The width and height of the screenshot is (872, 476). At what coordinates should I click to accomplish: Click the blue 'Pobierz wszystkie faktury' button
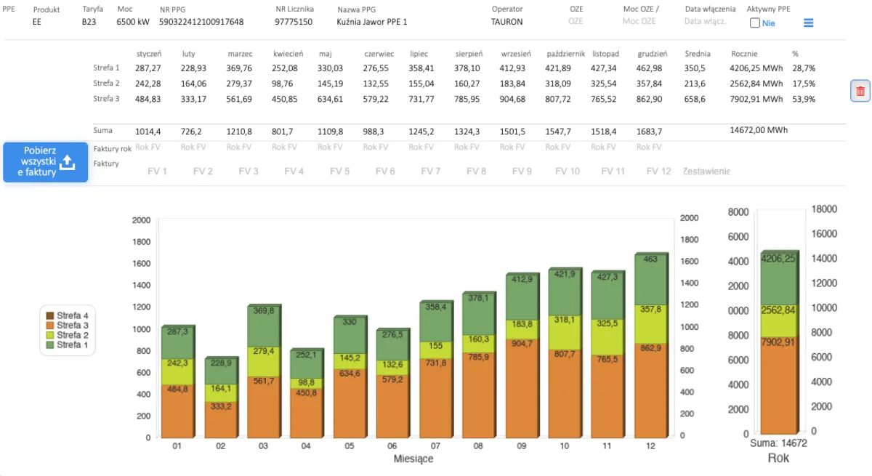pyautogui.click(x=46, y=162)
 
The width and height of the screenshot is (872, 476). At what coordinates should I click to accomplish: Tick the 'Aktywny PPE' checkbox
pyautogui.click(x=754, y=23)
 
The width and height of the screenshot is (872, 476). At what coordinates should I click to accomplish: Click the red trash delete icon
pyautogui.click(x=860, y=91)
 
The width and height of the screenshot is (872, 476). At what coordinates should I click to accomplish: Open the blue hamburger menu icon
pyautogui.click(x=808, y=23)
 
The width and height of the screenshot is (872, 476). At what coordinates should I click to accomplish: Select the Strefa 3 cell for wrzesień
pyautogui.click(x=512, y=100)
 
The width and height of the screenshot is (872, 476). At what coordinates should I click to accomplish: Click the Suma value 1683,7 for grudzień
pyautogui.click(x=649, y=132)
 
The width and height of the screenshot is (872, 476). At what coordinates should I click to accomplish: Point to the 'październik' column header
pyautogui.click(x=565, y=54)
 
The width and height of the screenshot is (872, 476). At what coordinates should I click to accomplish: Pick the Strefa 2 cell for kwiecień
pyautogui.click(x=284, y=84)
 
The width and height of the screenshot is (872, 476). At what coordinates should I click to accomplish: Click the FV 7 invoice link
pyautogui.click(x=430, y=172)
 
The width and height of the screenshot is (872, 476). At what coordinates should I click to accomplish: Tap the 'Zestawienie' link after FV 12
pyautogui.click(x=706, y=172)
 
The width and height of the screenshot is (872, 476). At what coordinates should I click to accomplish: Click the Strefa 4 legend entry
pyautogui.click(x=68, y=315)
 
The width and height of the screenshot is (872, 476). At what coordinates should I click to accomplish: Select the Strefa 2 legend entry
pyautogui.click(x=68, y=335)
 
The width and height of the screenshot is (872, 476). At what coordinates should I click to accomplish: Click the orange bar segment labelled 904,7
pyautogui.click(x=522, y=388)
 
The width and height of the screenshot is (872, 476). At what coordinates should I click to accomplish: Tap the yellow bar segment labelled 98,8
pyautogui.click(x=306, y=384)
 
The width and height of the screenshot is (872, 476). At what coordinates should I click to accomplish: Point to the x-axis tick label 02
pyautogui.click(x=220, y=446)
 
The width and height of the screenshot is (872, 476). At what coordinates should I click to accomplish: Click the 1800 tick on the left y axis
pyautogui.click(x=141, y=242)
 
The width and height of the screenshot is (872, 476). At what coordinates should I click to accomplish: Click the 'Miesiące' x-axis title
pyautogui.click(x=413, y=459)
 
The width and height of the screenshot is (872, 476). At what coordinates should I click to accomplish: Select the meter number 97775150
pyautogui.click(x=294, y=22)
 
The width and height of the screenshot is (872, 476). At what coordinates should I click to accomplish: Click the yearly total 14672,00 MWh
pyautogui.click(x=759, y=130)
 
